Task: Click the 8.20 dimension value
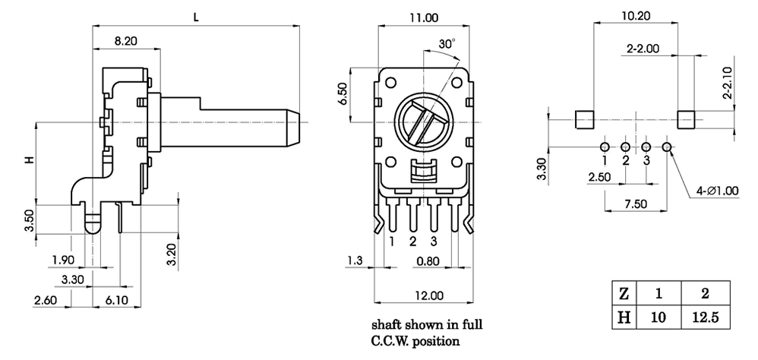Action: [125, 43]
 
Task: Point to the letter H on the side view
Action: [30, 160]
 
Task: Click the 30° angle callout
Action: [447, 46]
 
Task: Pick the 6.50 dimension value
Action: [343, 95]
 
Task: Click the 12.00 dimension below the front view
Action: [428, 295]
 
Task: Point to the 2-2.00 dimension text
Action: [643, 49]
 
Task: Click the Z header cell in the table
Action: [624, 292]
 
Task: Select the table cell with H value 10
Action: [658, 317]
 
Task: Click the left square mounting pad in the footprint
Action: [583, 120]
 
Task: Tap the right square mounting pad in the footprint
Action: [685, 120]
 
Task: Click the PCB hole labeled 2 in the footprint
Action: [625, 147]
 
